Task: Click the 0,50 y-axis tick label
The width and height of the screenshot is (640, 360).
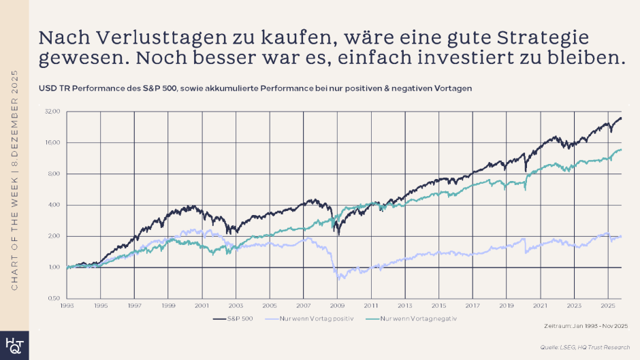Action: [x=54, y=299]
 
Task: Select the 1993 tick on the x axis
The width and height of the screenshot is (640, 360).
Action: [x=67, y=306]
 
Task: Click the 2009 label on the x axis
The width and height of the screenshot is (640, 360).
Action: [x=337, y=306]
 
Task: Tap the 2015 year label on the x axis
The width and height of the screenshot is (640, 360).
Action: [x=438, y=306]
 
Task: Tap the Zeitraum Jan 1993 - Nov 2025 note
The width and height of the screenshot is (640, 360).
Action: [x=583, y=327]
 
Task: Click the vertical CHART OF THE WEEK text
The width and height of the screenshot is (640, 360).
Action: [x=15, y=180]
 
